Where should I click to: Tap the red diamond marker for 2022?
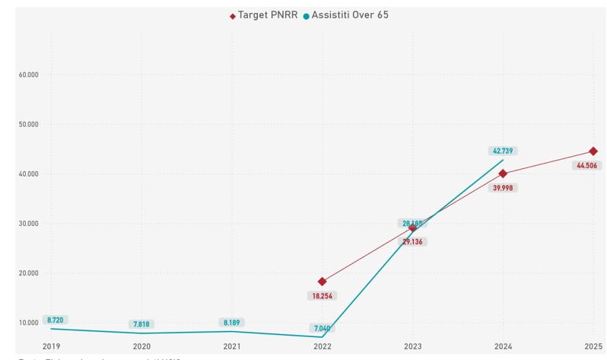click(x=323, y=282)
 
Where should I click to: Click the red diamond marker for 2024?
click(x=503, y=174)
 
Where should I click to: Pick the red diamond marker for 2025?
click(x=593, y=151)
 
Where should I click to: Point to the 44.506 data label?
click(x=586, y=166)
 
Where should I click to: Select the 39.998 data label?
click(x=503, y=188)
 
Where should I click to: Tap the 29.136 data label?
click(x=413, y=242)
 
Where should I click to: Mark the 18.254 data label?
click(x=323, y=296)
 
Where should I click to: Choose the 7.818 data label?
click(x=141, y=325)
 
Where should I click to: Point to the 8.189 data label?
click(x=232, y=323)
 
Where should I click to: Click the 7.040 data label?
click(x=323, y=329)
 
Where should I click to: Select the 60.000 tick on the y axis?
click(x=29, y=75)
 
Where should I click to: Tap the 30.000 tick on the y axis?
click(x=29, y=224)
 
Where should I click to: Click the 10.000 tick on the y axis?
click(x=29, y=323)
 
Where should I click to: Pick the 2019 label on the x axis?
click(x=52, y=346)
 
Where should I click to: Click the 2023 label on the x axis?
click(x=413, y=346)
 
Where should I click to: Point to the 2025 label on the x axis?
click(x=593, y=346)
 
